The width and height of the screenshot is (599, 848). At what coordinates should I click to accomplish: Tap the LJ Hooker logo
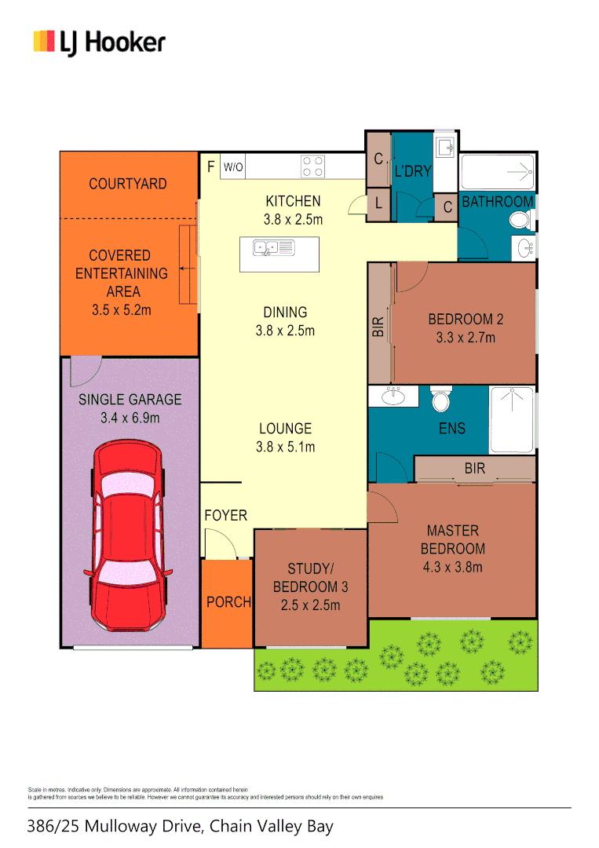(100, 42)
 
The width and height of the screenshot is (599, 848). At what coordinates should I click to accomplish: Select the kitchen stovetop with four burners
(312, 166)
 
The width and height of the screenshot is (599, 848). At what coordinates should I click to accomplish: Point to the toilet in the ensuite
(441, 400)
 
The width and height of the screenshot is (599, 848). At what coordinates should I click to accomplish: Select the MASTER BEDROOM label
(452, 549)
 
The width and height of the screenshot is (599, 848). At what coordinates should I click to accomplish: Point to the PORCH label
(228, 602)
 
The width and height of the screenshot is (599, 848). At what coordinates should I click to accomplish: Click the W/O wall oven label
(233, 167)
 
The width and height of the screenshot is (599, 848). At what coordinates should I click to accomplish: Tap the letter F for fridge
(210, 166)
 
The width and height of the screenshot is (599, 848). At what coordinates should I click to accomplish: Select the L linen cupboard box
(378, 206)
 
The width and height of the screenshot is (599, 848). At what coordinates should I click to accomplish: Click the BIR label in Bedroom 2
(378, 327)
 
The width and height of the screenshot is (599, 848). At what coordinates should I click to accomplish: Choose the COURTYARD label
(127, 184)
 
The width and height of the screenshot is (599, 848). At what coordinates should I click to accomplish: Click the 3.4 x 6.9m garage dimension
(130, 418)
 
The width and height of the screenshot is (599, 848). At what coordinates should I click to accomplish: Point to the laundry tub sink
(445, 147)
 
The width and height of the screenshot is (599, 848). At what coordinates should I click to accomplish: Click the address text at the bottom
(180, 826)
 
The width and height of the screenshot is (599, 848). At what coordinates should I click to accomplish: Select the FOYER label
(225, 516)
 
